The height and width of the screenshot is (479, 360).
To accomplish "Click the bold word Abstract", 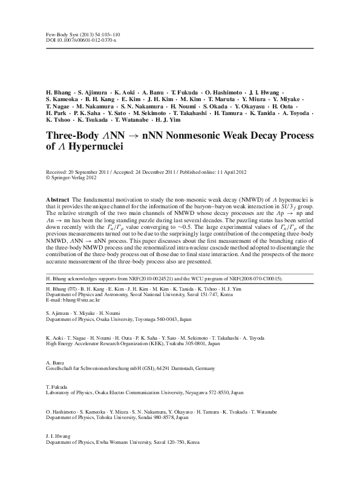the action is coord(57,199).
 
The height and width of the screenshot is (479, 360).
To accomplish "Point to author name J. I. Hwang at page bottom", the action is coord(58,435).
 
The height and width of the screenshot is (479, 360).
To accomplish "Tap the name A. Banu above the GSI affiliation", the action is coord(55,361).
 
